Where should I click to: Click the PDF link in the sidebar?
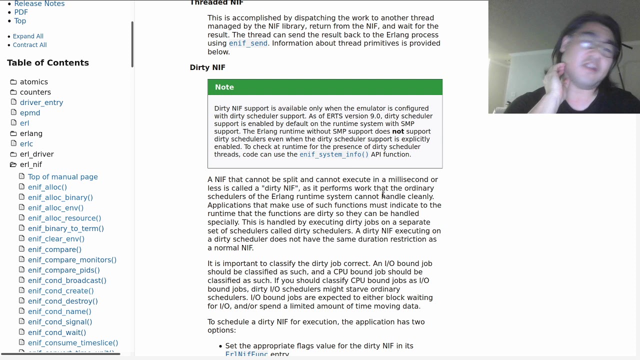click(21, 12)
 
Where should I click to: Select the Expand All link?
click(28, 36)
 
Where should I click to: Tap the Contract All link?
click(29, 44)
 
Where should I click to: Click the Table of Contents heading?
click(48, 62)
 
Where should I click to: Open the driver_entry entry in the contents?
click(41, 102)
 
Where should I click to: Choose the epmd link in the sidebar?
click(30, 113)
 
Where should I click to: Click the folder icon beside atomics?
click(13, 82)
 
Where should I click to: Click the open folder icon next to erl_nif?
click(13, 164)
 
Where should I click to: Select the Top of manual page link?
click(63, 177)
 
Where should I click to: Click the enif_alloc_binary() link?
click(60, 197)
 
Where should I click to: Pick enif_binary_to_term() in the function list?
click(66, 228)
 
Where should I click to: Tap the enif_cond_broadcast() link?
click(67, 280)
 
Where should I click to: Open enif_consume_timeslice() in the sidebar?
click(73, 342)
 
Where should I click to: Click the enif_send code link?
click(248, 43)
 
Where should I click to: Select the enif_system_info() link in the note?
click(334, 154)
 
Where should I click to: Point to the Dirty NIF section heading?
click(207, 67)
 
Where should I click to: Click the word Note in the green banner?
click(224, 87)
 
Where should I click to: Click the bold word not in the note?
click(398, 131)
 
